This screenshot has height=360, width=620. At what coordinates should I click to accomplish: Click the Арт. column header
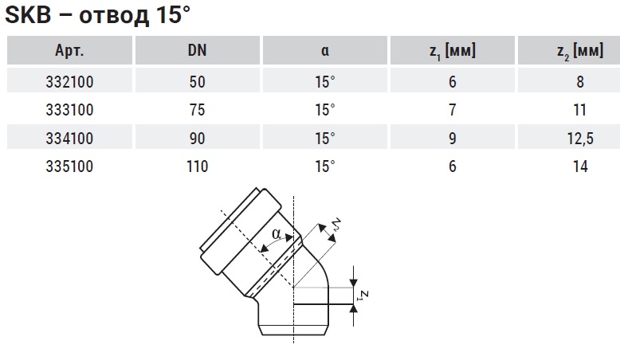point(69,51)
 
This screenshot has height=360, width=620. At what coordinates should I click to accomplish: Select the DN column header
point(198,50)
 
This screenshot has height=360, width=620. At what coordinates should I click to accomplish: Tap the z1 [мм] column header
point(453,51)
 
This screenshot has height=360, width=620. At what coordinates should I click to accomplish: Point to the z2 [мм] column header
point(580,51)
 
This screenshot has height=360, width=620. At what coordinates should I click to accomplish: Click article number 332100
point(69,82)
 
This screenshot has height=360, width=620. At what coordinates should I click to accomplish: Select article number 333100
point(69,110)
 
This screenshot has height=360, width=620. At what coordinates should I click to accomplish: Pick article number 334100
point(69,139)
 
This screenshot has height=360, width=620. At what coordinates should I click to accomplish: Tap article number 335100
point(69,166)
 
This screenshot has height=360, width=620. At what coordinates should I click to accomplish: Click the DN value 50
point(198,82)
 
